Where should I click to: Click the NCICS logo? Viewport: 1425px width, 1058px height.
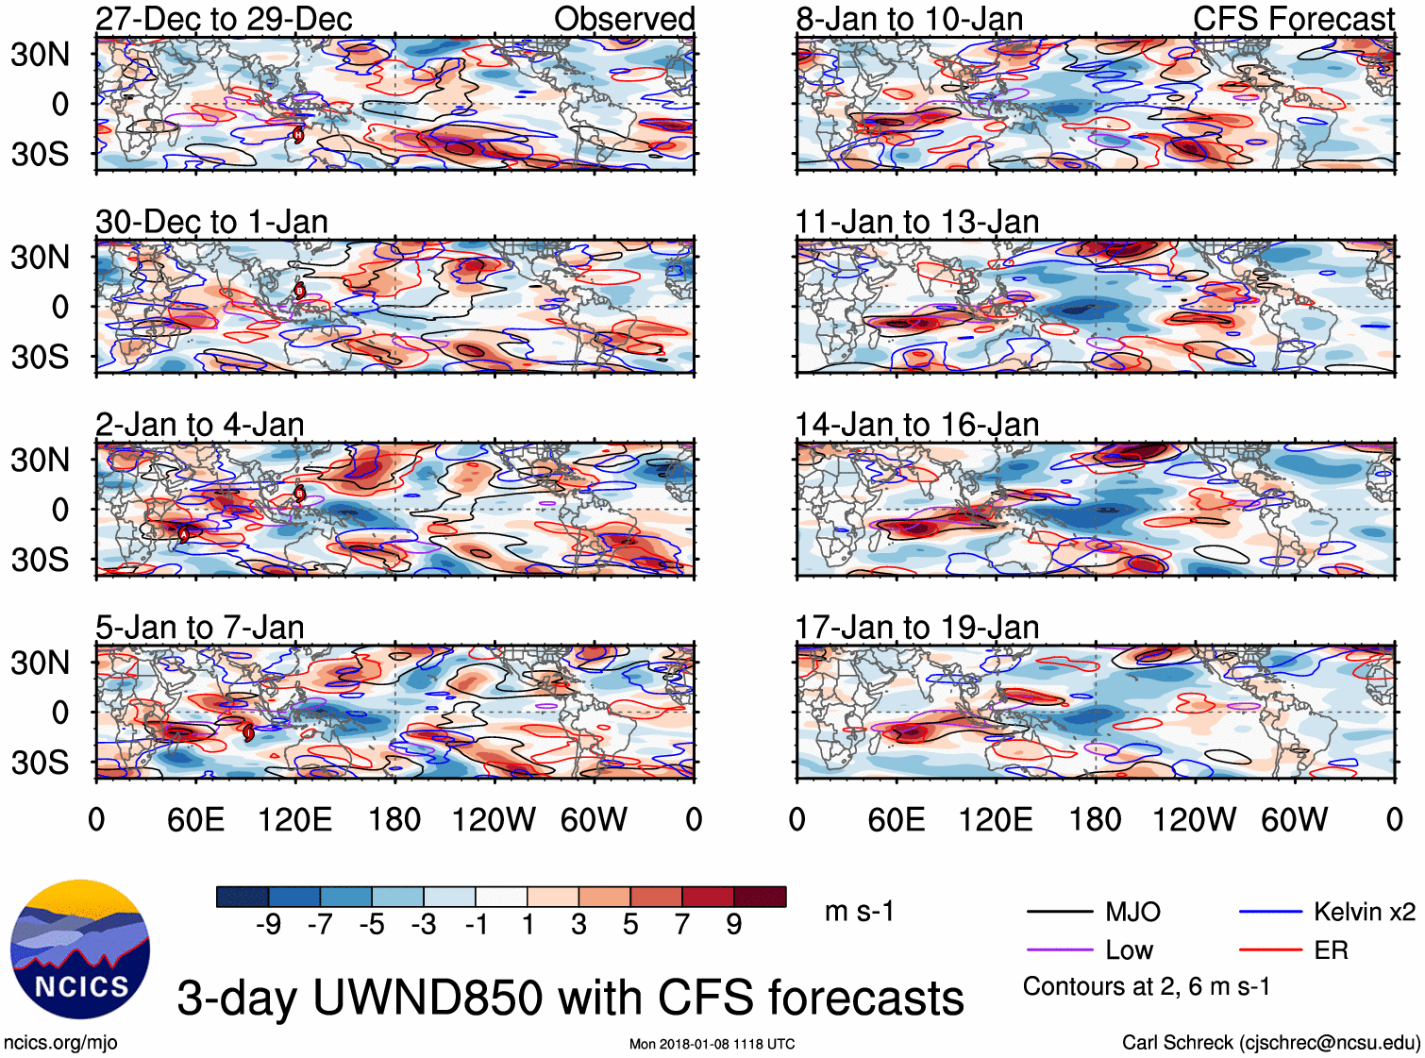point(80,949)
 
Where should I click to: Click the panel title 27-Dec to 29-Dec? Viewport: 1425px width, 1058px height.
point(224,19)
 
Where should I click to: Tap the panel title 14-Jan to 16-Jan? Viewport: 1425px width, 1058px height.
point(916,425)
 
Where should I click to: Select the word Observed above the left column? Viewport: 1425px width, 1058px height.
point(624,19)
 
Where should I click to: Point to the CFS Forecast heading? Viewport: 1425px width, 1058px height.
point(1293,19)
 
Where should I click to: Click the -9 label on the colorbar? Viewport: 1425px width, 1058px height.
point(269,925)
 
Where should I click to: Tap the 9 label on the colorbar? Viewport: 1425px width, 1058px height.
point(734,925)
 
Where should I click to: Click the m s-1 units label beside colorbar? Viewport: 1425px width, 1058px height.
point(859,912)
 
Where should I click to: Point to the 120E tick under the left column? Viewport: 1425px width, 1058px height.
point(294,819)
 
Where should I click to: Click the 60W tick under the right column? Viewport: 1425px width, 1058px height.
point(1294,819)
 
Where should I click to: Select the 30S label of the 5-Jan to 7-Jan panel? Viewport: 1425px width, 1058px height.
point(40,763)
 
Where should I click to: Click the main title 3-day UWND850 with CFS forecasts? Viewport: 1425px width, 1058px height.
point(570,998)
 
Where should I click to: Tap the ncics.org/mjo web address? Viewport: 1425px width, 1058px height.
point(60,1042)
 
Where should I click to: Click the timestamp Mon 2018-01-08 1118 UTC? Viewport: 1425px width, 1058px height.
point(712,1044)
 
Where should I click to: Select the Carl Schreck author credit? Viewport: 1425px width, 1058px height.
point(1270,1042)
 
